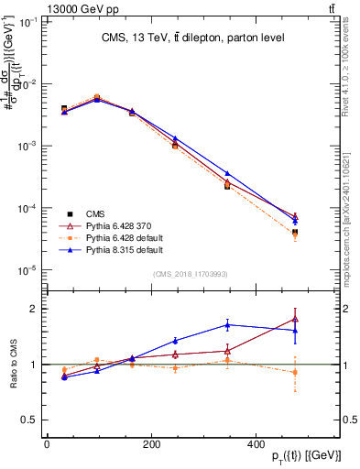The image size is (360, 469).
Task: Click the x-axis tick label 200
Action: [183, 443]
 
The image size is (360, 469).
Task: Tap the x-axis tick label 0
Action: [48, 443]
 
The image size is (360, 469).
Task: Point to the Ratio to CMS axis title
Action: [13, 377]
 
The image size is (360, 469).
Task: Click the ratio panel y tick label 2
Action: [34, 309]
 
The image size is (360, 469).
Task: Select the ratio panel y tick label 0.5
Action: [30, 420]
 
